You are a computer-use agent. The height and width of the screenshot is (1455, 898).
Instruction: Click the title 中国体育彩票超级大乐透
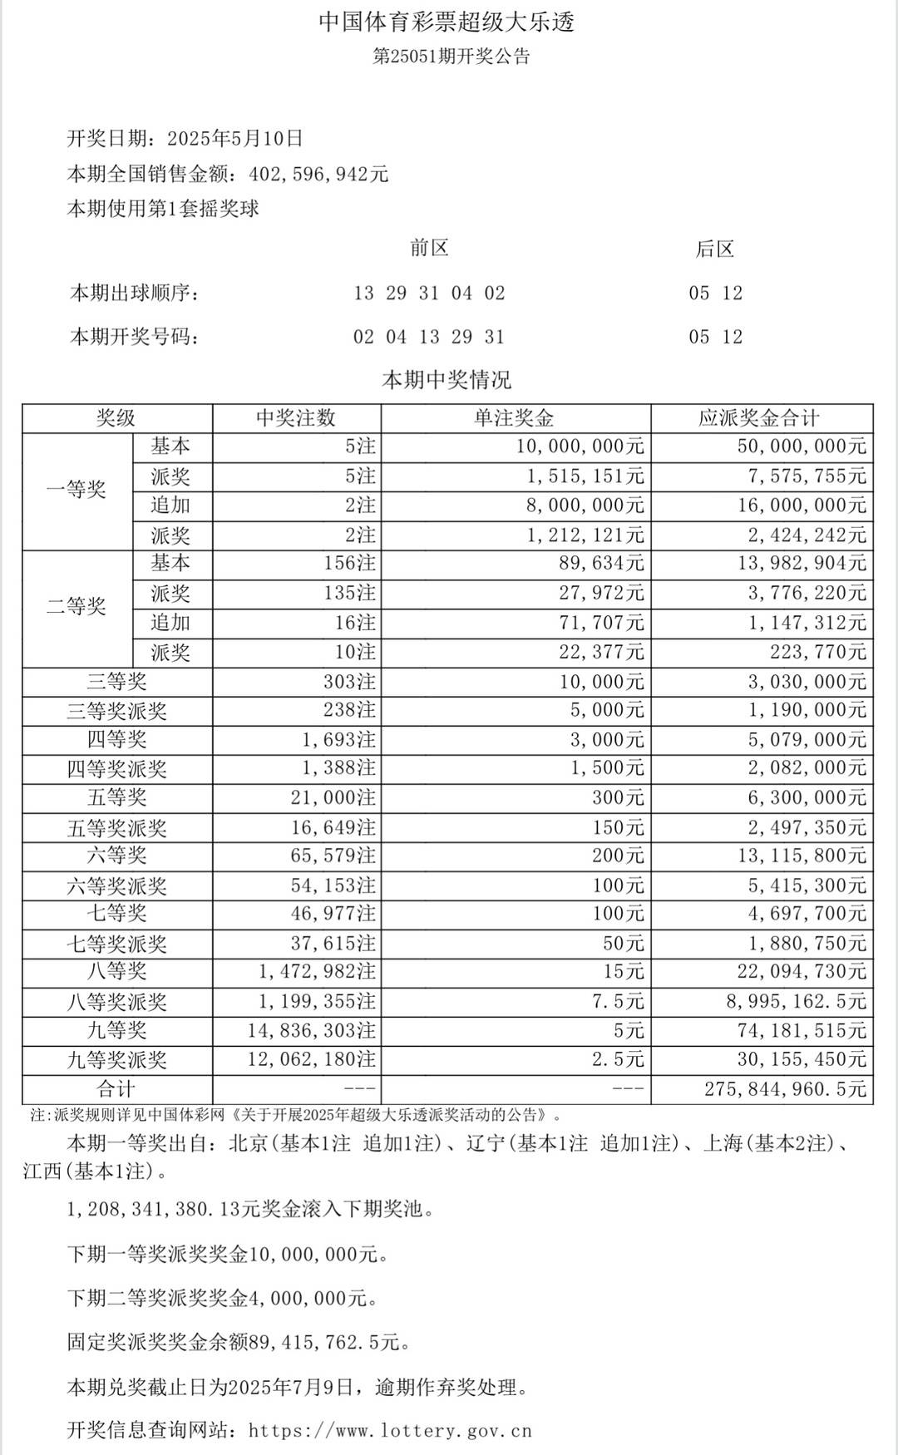[x=447, y=22]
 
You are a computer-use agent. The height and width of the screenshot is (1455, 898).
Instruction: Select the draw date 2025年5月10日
[x=235, y=139]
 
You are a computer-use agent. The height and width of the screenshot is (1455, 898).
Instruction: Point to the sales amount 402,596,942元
[x=319, y=175]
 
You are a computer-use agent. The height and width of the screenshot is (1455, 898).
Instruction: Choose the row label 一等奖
[x=76, y=490]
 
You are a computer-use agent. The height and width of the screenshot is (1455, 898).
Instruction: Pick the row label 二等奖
[x=76, y=607]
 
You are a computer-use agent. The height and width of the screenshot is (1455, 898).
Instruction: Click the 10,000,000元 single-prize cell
[x=580, y=447]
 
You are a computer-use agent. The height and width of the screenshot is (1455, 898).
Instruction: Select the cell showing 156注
[x=349, y=564]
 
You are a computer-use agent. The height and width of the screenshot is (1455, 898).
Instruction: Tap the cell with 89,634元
[x=601, y=564]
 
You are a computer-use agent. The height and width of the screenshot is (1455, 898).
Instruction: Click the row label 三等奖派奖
[x=116, y=712]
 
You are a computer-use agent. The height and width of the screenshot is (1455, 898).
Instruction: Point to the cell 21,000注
[x=333, y=798]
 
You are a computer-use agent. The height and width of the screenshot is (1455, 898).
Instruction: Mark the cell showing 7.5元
[x=618, y=1002]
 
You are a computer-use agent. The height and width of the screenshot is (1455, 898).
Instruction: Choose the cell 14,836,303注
[x=312, y=1031]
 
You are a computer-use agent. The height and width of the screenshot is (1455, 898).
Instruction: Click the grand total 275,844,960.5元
[x=785, y=1089]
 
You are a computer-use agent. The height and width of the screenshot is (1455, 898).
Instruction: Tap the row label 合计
[x=116, y=1089]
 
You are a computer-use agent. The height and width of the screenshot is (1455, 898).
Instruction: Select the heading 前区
[x=429, y=249]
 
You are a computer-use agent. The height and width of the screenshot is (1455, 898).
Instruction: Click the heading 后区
[x=715, y=249]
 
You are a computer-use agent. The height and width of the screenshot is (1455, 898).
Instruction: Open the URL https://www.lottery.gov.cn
[x=390, y=1431]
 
